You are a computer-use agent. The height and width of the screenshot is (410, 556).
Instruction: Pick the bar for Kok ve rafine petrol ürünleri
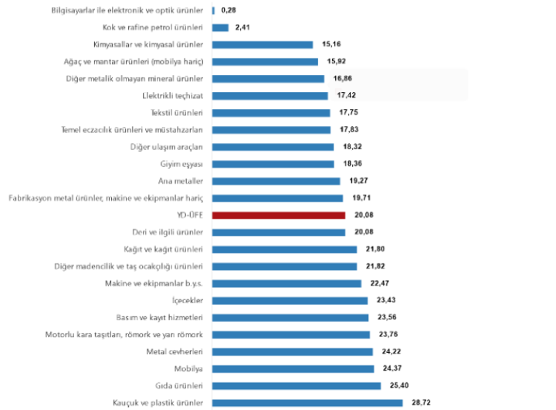(x=219, y=28)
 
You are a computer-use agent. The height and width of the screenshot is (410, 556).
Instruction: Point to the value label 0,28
(x=229, y=11)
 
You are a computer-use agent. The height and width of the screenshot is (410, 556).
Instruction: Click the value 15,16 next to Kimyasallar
(x=328, y=45)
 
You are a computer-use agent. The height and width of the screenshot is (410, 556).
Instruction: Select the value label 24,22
(x=390, y=351)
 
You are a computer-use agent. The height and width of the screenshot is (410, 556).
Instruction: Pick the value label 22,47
(x=378, y=283)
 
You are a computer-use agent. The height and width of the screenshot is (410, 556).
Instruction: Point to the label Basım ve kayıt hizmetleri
(x=159, y=317)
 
